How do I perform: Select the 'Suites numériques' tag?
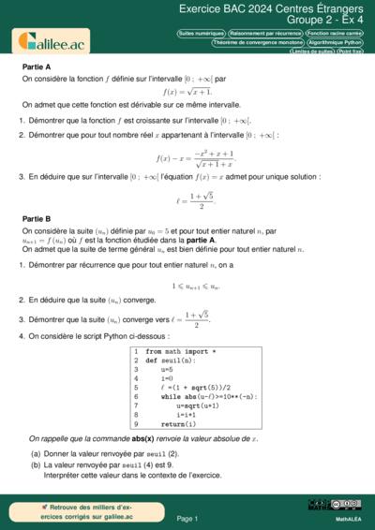(x=201, y=33)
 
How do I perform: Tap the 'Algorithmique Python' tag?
(x=335, y=42)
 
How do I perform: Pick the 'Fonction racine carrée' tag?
(x=335, y=33)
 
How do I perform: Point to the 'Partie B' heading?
(x=37, y=218)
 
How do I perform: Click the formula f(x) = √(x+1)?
(x=187, y=92)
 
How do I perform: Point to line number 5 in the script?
(x=136, y=388)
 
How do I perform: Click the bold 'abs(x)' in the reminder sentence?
(x=142, y=438)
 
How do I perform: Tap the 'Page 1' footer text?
(x=187, y=518)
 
